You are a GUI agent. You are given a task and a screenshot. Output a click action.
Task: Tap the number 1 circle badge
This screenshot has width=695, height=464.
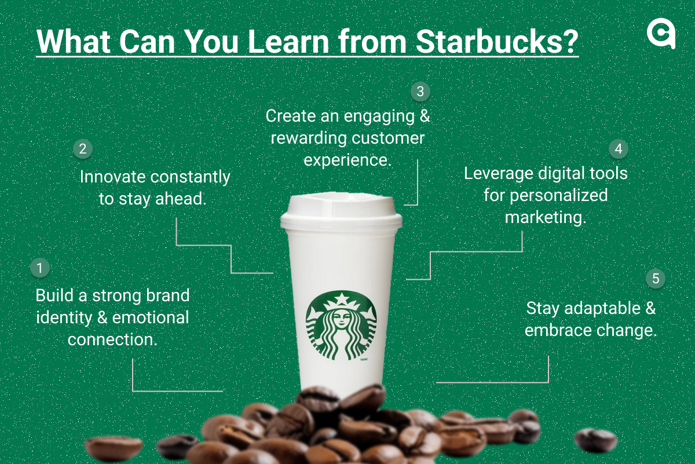(39, 268)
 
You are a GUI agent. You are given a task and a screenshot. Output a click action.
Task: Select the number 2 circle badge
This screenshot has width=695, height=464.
(83, 149)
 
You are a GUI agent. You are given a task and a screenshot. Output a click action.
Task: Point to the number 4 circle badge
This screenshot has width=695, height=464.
(619, 149)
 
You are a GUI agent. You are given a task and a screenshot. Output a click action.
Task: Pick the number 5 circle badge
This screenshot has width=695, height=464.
(656, 279)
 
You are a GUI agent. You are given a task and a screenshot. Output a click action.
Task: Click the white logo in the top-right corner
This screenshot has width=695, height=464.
(661, 36)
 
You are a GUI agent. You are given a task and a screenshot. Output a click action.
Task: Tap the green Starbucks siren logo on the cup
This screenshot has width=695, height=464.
(341, 326)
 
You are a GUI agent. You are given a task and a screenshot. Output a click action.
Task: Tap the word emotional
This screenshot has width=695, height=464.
(151, 317)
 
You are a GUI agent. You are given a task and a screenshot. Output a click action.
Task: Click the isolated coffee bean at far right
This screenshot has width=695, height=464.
(595, 440)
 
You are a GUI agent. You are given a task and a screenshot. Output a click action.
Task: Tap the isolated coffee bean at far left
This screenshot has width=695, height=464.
(114, 448)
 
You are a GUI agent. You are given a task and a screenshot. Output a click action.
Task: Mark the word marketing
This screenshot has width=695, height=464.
(545, 217)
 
